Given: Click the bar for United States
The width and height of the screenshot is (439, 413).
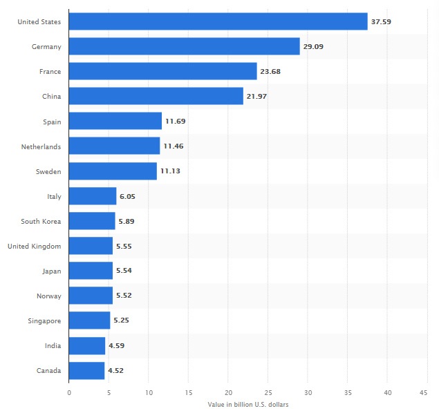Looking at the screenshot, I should pos(218,21).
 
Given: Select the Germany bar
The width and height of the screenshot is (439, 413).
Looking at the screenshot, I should pos(184,46).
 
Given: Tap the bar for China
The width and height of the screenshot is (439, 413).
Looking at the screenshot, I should pos(156,96).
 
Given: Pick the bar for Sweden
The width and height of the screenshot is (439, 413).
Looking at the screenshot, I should pos(113,171).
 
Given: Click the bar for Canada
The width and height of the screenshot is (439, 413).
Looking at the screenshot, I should pos(86,370).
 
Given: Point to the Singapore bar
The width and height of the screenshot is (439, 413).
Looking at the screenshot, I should pos(89,320).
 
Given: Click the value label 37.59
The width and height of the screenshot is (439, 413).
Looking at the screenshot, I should pos(382,21).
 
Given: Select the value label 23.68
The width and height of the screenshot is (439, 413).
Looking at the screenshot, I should pos(270,71).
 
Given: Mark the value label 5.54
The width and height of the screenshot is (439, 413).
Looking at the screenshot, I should pos(124,271).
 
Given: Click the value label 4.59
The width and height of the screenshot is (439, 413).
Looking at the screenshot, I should pos(116,345).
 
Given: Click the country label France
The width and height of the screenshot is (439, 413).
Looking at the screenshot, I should pos(51,71).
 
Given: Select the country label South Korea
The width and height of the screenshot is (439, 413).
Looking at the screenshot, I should pos(41,221).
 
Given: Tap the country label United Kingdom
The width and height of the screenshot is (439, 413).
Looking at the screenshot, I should pos(35,246).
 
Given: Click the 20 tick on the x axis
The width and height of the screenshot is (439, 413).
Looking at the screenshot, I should pos(228,392).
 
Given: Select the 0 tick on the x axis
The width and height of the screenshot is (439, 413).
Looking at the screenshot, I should pos(69,392).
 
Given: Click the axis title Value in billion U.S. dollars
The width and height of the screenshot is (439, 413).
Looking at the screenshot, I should pos(247,404).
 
